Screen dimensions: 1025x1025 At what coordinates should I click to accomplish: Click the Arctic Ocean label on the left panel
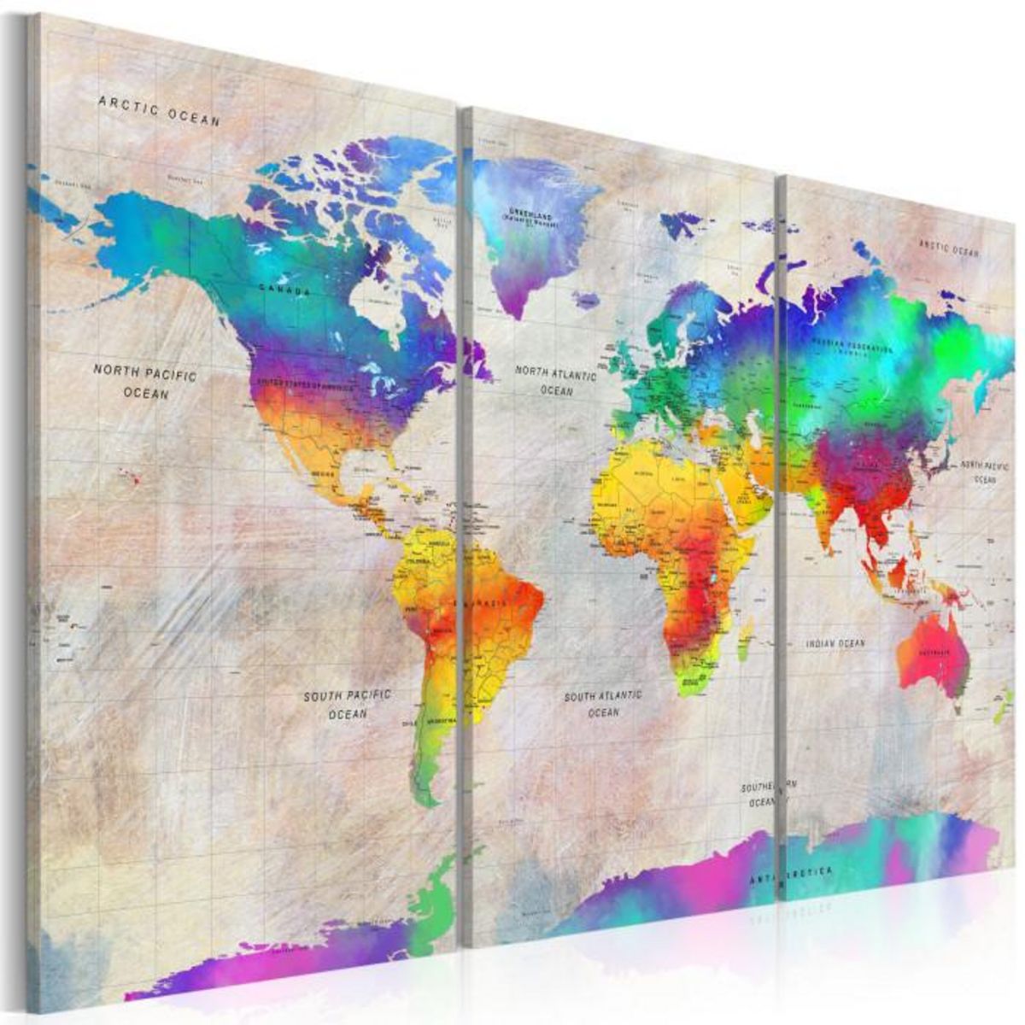159,110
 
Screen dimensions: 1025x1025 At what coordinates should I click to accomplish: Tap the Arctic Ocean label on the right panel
949,248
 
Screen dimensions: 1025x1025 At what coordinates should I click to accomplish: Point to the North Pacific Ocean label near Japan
984,472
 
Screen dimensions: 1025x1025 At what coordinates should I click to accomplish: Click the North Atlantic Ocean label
556,380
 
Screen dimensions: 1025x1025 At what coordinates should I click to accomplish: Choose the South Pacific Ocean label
348,704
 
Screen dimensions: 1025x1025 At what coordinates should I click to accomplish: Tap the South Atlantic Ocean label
603,704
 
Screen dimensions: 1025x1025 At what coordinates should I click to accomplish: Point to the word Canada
285,290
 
